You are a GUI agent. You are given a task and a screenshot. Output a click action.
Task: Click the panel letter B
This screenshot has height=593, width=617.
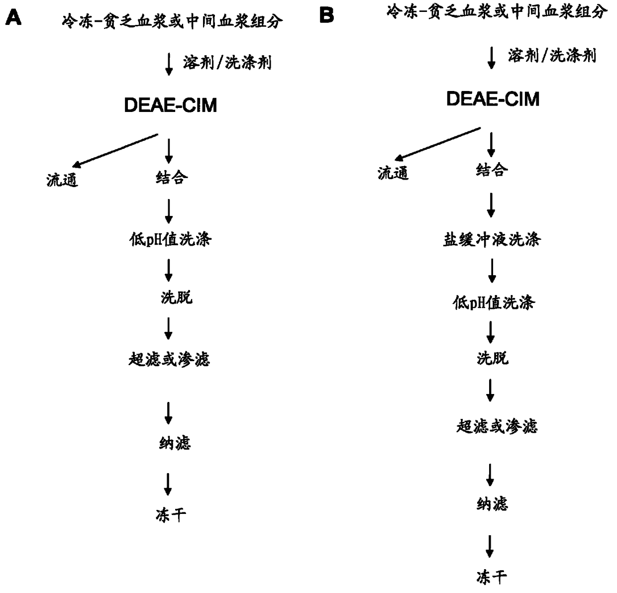[326, 15]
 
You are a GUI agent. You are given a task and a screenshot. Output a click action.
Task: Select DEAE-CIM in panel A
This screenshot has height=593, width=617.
[170, 105]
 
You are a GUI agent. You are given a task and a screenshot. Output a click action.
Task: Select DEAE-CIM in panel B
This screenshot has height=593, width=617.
[493, 99]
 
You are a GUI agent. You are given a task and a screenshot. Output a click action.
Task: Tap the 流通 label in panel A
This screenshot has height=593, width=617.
[62, 180]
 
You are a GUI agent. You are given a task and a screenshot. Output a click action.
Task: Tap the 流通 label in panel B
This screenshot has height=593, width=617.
[393, 173]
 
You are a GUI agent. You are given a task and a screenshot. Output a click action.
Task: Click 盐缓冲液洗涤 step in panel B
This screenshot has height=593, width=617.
[492, 240]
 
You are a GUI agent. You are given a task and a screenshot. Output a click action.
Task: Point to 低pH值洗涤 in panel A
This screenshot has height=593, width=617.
[170, 240]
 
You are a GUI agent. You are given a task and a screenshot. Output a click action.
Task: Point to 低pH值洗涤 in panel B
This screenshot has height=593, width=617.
[493, 302]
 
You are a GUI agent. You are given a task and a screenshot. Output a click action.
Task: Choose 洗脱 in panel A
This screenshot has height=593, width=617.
[176, 297]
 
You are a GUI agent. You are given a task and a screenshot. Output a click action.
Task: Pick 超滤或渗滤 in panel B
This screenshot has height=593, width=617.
[497, 426]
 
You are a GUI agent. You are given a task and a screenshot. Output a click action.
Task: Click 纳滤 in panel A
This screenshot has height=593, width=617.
[175, 443]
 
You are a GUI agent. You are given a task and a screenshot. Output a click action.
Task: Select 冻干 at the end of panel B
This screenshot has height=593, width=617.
[491, 577]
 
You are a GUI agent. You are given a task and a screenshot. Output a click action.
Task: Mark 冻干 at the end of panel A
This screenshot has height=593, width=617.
[171, 515]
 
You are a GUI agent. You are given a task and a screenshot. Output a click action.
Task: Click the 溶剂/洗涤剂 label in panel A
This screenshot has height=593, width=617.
[227, 63]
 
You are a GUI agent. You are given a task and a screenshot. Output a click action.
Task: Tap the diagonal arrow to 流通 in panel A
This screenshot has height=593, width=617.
[115, 149]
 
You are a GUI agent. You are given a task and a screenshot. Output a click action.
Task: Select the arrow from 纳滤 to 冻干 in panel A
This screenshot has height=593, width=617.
[168, 484]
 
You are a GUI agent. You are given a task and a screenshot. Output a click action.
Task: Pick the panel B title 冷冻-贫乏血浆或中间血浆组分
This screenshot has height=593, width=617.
[497, 11]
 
